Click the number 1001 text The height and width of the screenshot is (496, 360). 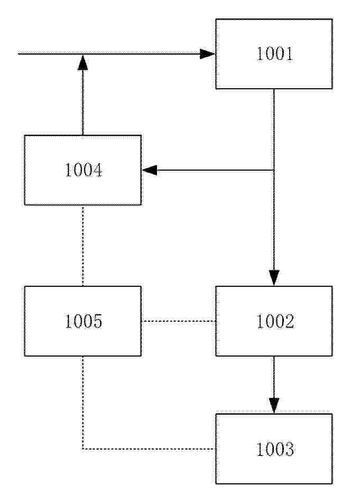[x=275, y=54]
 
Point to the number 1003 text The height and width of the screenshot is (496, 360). [x=275, y=449]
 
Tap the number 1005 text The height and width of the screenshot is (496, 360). [x=84, y=321]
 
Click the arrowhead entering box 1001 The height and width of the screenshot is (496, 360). [x=208, y=54]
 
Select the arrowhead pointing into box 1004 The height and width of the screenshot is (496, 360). [x=150, y=170]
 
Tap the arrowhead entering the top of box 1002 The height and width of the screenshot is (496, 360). [x=274, y=278]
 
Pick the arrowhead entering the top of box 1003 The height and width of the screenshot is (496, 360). [x=274, y=406]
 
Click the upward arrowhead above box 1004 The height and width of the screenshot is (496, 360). [x=82, y=62]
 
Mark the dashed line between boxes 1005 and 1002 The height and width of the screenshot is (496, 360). [x=179, y=321]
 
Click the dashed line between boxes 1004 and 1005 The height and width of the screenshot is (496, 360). [x=82, y=246]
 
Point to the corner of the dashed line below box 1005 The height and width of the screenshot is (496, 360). [x=82, y=449]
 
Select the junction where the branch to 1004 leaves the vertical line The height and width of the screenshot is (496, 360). [x=274, y=170]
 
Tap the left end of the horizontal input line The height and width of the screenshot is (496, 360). [x=19, y=54]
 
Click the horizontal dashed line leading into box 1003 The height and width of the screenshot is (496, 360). [x=149, y=449]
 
